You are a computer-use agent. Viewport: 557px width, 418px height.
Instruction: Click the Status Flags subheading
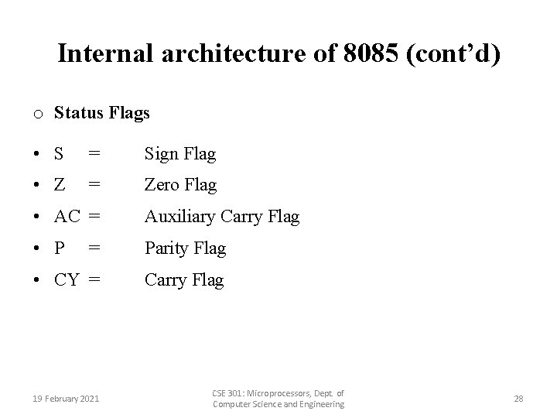tap(101, 113)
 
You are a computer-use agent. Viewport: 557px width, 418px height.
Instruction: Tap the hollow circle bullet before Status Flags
tap(37, 115)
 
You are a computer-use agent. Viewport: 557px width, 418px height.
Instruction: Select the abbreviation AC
tap(67, 217)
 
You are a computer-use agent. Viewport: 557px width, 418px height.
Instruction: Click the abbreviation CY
tap(67, 280)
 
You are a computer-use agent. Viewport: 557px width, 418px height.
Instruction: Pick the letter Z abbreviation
tap(59, 185)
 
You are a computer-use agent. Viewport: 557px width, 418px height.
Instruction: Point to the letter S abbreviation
tap(59, 154)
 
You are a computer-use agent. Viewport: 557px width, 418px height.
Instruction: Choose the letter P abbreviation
tap(59, 248)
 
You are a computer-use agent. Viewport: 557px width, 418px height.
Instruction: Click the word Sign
tap(161, 154)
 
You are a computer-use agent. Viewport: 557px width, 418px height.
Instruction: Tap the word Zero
tap(162, 185)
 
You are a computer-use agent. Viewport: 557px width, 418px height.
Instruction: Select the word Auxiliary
tap(179, 217)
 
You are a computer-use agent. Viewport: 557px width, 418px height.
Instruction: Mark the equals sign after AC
tap(94, 217)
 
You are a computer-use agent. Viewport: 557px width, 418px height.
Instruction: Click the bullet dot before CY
tap(37, 280)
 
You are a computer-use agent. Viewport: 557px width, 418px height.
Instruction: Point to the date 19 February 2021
tap(66, 399)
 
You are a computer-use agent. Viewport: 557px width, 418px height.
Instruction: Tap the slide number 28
tap(518, 399)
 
